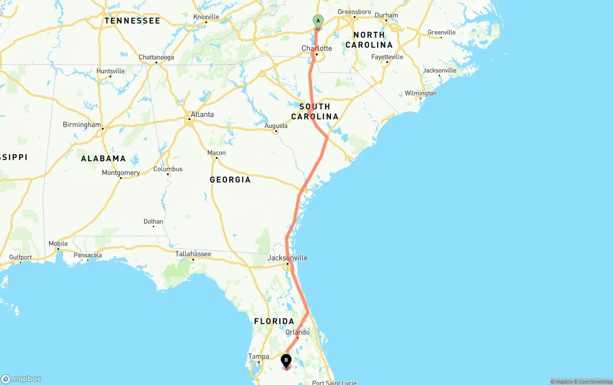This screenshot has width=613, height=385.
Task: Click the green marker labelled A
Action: pos(318,21)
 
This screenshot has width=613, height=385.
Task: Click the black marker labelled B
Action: pos(286,360)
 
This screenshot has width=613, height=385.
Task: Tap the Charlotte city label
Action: pos(317,48)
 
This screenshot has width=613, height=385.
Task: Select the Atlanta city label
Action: pos(202,115)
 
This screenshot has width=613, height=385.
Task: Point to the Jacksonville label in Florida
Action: pos(287,258)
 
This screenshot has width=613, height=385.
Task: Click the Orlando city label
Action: pos(297,332)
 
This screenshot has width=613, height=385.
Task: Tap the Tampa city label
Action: pos(259,356)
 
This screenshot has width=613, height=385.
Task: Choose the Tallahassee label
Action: pos(193,254)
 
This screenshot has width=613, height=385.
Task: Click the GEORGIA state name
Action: pos(230,180)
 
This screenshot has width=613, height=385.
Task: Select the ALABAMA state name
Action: pos(103,158)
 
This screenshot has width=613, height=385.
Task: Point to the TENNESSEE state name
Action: pos(133,21)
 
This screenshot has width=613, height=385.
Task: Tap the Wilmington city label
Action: pos(420,93)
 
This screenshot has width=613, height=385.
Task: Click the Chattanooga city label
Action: pos(156,58)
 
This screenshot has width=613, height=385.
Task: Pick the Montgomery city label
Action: pos(121,173)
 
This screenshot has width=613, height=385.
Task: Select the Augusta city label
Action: pos(276,126)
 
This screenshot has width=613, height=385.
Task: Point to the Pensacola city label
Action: pos(88,255)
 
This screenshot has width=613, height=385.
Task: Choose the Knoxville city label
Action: pos(206,17)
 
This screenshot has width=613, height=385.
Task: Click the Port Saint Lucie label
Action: pos(334,383)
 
